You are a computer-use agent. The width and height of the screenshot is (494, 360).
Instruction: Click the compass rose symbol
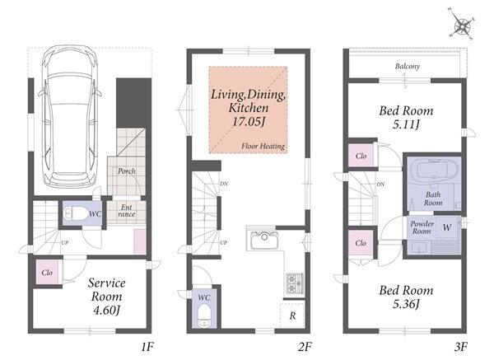pos(462,26)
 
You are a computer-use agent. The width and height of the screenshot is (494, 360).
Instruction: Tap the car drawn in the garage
pos(70,116)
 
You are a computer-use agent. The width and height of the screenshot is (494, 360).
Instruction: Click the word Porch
pos(127,171)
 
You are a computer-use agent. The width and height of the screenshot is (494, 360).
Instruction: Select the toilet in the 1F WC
pos(75,213)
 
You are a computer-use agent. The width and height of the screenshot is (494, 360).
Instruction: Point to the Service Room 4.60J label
pos(106,297)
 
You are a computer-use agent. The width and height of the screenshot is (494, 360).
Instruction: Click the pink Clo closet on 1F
pos(47,272)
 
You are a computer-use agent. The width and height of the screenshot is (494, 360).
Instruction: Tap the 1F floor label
pos(147,347)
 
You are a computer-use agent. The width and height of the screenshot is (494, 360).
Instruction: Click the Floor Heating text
pos(263,147)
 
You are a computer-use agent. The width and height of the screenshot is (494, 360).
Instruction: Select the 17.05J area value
pos(249,122)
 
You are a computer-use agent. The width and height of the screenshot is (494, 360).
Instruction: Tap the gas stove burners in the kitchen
pos(295,283)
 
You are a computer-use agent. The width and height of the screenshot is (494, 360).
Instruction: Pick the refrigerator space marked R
pos(292,316)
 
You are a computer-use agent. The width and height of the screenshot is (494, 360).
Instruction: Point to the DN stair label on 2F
pos(224,184)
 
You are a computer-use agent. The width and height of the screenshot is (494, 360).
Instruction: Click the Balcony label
pos(408,66)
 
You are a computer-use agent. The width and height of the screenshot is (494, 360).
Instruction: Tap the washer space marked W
pos(447,227)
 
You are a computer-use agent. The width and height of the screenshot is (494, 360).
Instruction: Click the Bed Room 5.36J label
pos(406,297)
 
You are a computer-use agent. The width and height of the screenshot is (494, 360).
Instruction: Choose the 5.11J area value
pos(406,125)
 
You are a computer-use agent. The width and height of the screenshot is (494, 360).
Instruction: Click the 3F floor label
pos(460,347)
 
